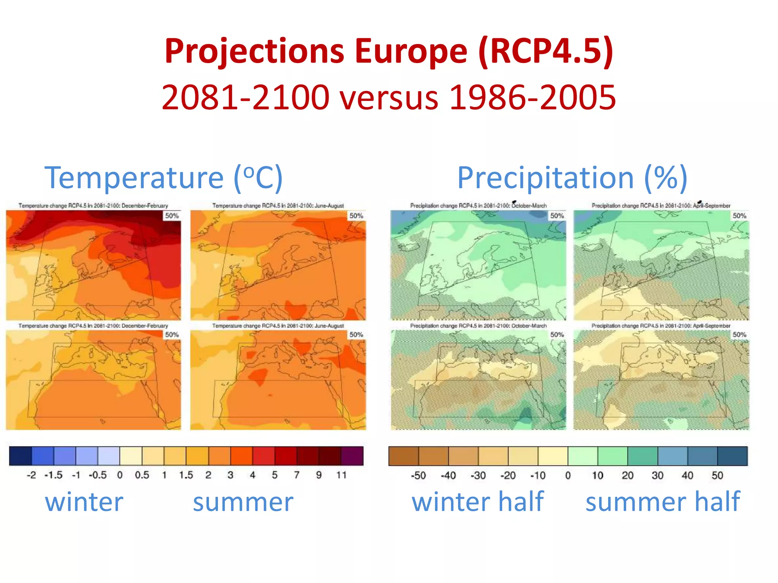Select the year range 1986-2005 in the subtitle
click(532, 98)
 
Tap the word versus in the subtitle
click(389, 98)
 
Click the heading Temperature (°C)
click(164, 177)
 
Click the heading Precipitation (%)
click(572, 177)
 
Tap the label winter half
click(478, 501)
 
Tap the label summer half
click(663, 501)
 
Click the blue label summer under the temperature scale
click(243, 502)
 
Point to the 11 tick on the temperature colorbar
click(341, 475)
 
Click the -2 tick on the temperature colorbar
click(31, 475)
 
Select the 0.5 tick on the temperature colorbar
click(142, 475)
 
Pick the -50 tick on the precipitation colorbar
click(418, 476)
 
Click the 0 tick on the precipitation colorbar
click(568, 476)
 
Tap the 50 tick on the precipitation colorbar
click(717, 476)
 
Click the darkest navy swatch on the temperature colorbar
click(21, 456)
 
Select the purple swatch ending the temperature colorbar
click(352, 456)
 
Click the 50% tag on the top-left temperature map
click(172, 216)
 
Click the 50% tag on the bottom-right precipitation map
click(739, 334)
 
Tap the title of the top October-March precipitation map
click(478, 205)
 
